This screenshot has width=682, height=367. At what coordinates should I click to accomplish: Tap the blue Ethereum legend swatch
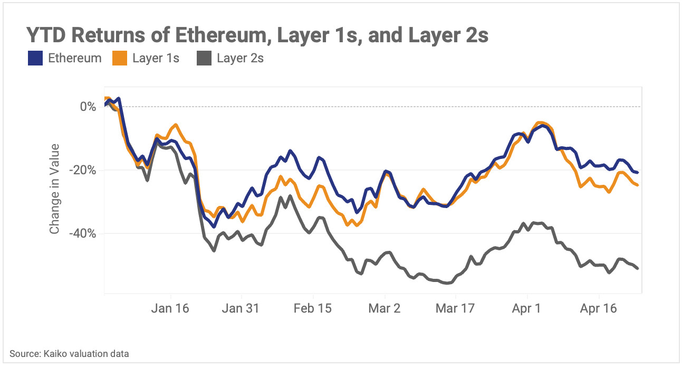(35, 58)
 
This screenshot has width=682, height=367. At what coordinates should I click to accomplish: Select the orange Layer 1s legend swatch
(120, 58)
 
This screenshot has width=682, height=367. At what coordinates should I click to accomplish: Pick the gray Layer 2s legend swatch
(204, 58)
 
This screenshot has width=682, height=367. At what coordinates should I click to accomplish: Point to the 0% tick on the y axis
(88, 107)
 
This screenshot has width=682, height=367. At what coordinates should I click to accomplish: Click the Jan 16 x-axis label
(170, 308)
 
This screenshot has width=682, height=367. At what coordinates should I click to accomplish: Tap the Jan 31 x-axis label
(242, 308)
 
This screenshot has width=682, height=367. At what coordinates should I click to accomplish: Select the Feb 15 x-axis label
(313, 308)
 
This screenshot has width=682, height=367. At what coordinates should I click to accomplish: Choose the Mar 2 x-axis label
(385, 308)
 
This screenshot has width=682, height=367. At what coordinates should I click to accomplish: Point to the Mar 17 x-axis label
(454, 308)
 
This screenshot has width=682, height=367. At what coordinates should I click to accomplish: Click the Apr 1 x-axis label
(526, 308)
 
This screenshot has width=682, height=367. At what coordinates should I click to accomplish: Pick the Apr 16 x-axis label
(598, 308)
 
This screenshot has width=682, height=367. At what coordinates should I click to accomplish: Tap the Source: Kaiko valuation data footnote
(69, 354)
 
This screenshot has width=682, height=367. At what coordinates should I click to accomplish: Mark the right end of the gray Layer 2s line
(638, 269)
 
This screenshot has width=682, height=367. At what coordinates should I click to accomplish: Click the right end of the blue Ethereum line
(638, 172)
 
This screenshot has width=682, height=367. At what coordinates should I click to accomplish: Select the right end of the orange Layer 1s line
(638, 185)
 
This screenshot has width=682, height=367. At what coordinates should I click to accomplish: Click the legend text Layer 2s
(240, 58)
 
